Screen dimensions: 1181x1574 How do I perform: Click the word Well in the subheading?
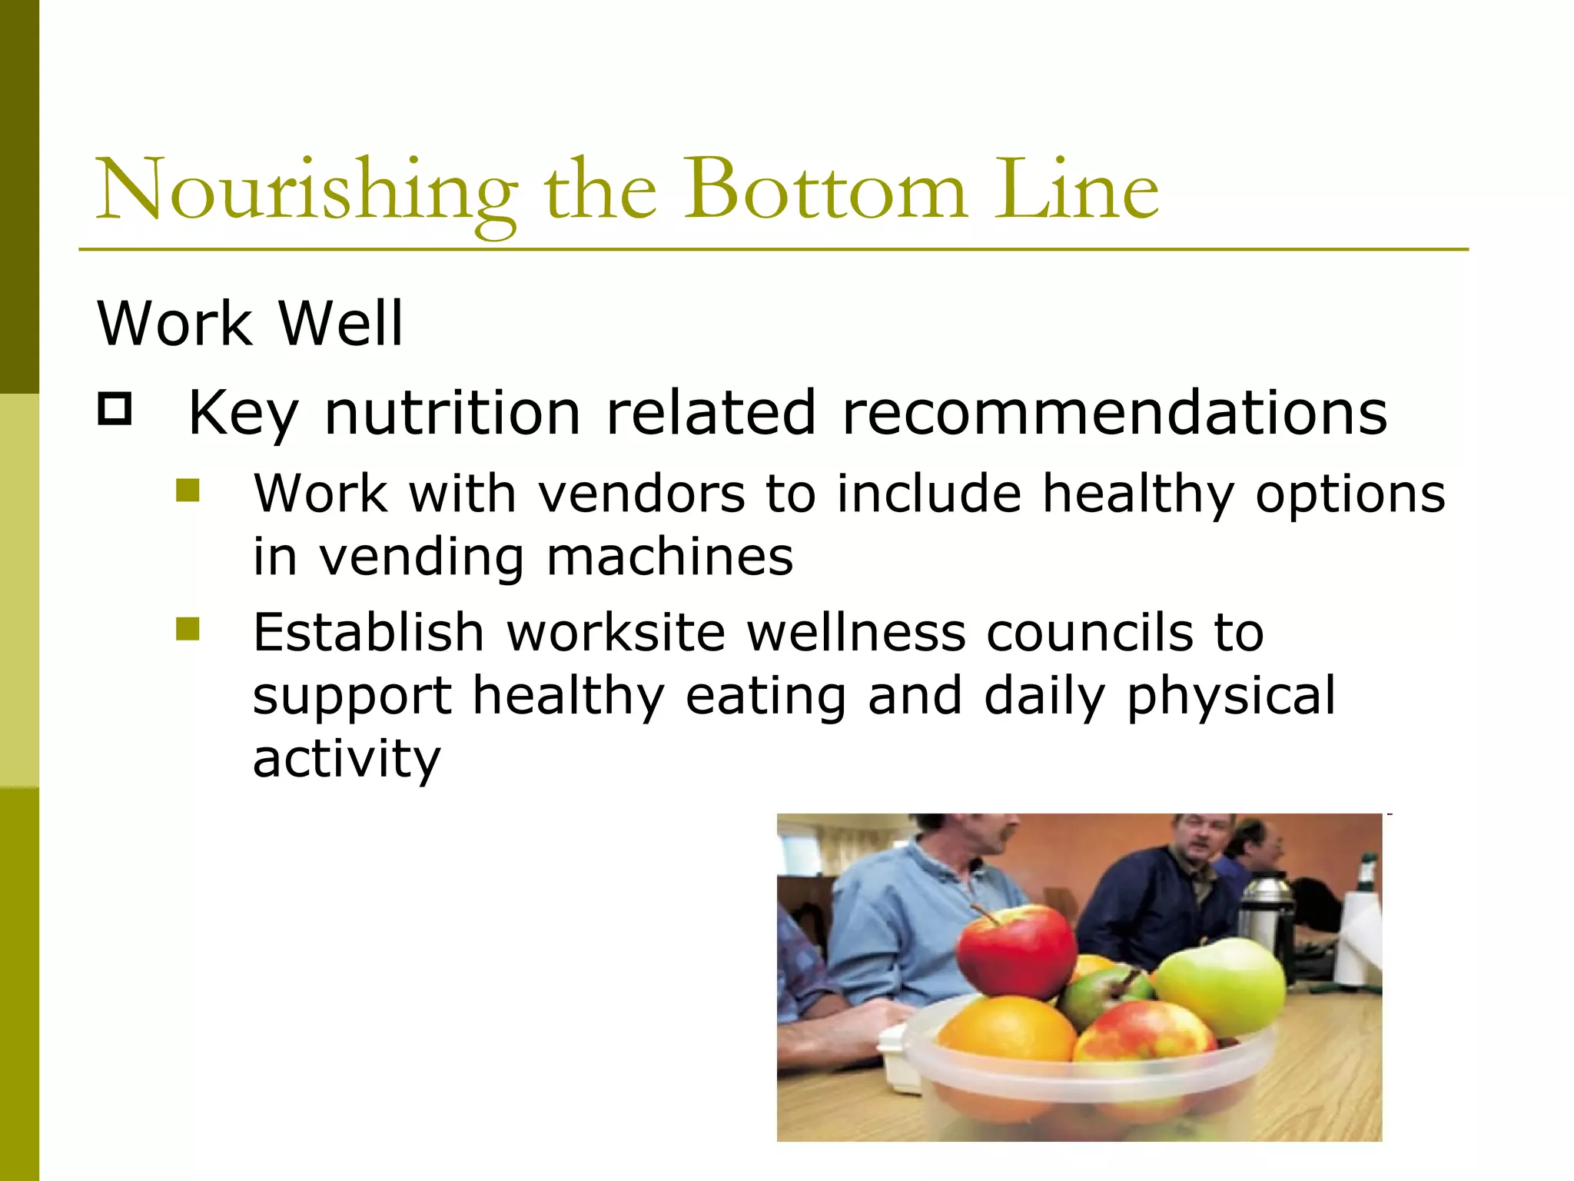point(340,323)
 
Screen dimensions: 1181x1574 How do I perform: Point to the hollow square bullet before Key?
point(115,409)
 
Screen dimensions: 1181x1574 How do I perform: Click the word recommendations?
point(1114,413)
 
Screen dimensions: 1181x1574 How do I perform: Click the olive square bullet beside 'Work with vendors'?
point(188,491)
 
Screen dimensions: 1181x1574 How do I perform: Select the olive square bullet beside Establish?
point(188,629)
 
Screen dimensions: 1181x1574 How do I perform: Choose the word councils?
point(1089,633)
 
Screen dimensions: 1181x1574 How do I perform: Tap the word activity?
point(347,759)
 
